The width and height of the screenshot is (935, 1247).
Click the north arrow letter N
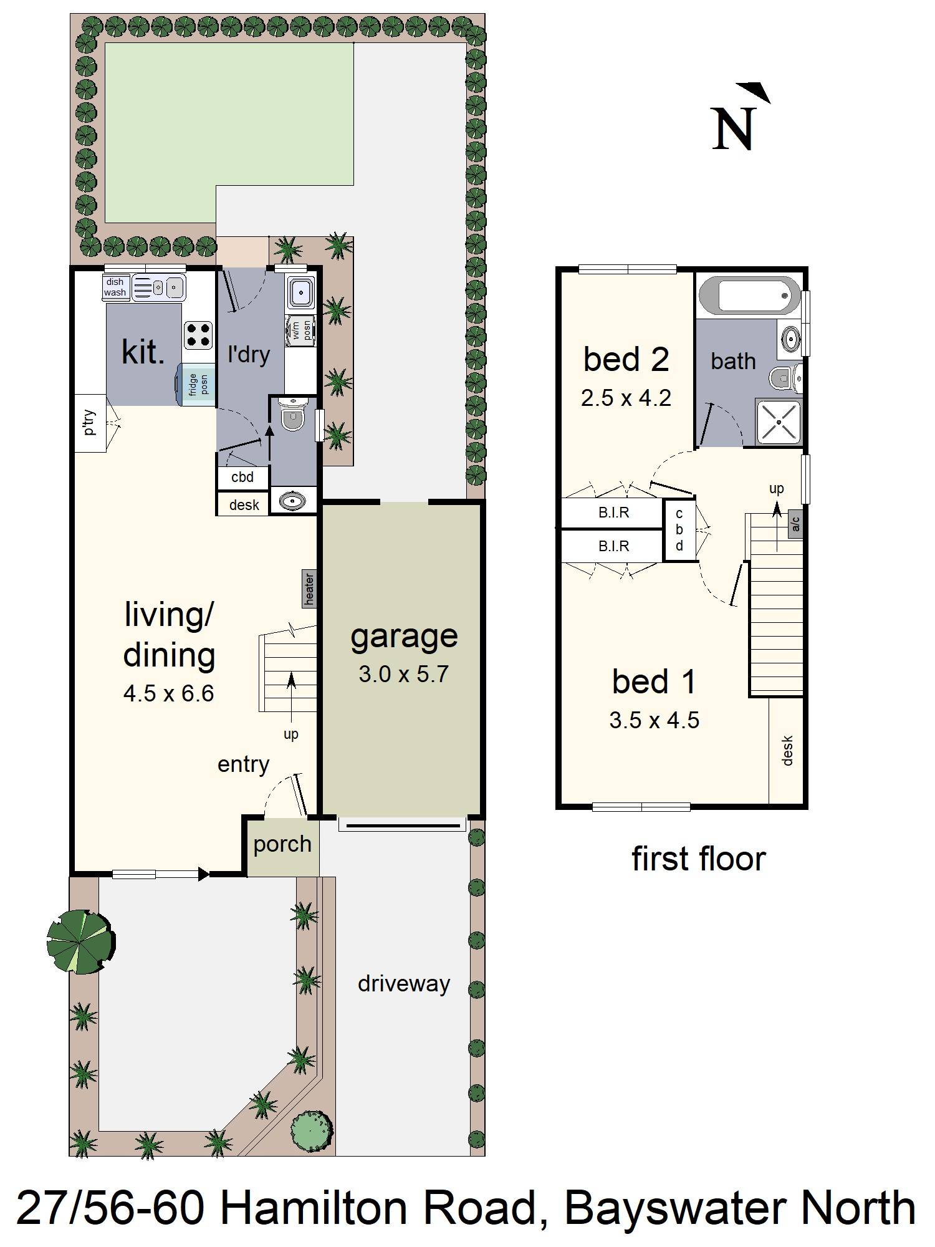pos(734,129)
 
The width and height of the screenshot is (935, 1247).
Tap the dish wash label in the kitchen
pos(115,287)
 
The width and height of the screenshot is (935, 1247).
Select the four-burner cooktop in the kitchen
pos(198,335)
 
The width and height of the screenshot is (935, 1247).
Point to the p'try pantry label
pos(90,423)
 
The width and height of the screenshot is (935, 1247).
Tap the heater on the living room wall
pos(309,589)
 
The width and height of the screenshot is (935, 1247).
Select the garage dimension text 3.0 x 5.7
pos(403,675)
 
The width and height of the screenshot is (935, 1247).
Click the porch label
pos(282,844)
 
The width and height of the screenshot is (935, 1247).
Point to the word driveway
pos(403,984)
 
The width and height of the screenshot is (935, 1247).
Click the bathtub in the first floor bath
pos(749,296)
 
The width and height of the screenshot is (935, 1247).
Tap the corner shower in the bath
pos(779,422)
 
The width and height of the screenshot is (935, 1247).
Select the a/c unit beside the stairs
pos(795,524)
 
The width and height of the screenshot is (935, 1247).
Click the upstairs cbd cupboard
pos(679,530)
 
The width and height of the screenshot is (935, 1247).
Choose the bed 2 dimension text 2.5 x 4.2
pos(626,398)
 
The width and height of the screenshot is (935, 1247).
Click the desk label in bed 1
pos(787,751)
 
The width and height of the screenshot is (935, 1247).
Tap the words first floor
pos(698,859)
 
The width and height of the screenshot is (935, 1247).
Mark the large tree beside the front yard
pos(81,941)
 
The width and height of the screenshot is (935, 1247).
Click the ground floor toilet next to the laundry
pos(292,416)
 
